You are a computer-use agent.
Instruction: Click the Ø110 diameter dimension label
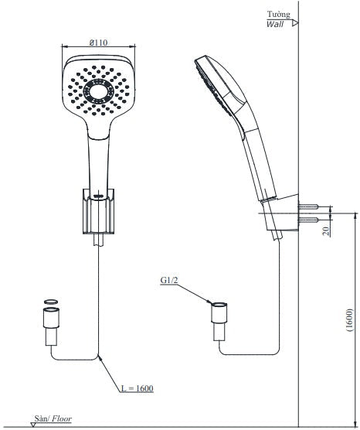pyautogui.click(x=98, y=43)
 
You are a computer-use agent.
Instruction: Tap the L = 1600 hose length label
pyautogui.click(x=137, y=388)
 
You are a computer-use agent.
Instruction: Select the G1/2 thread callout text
pyautogui.click(x=169, y=280)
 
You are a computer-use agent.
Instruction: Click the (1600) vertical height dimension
pyautogui.click(x=350, y=321)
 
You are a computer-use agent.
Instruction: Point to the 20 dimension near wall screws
pyautogui.click(x=326, y=231)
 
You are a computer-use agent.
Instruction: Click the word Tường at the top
pyautogui.click(x=278, y=14)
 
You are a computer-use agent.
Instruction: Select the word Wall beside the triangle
pyautogui.click(x=275, y=24)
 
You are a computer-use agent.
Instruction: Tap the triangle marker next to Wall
pyautogui.click(x=295, y=23)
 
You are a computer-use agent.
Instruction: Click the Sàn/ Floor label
pyautogui.click(x=53, y=418)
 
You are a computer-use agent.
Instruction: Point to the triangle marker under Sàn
pyautogui.click(x=33, y=425)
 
